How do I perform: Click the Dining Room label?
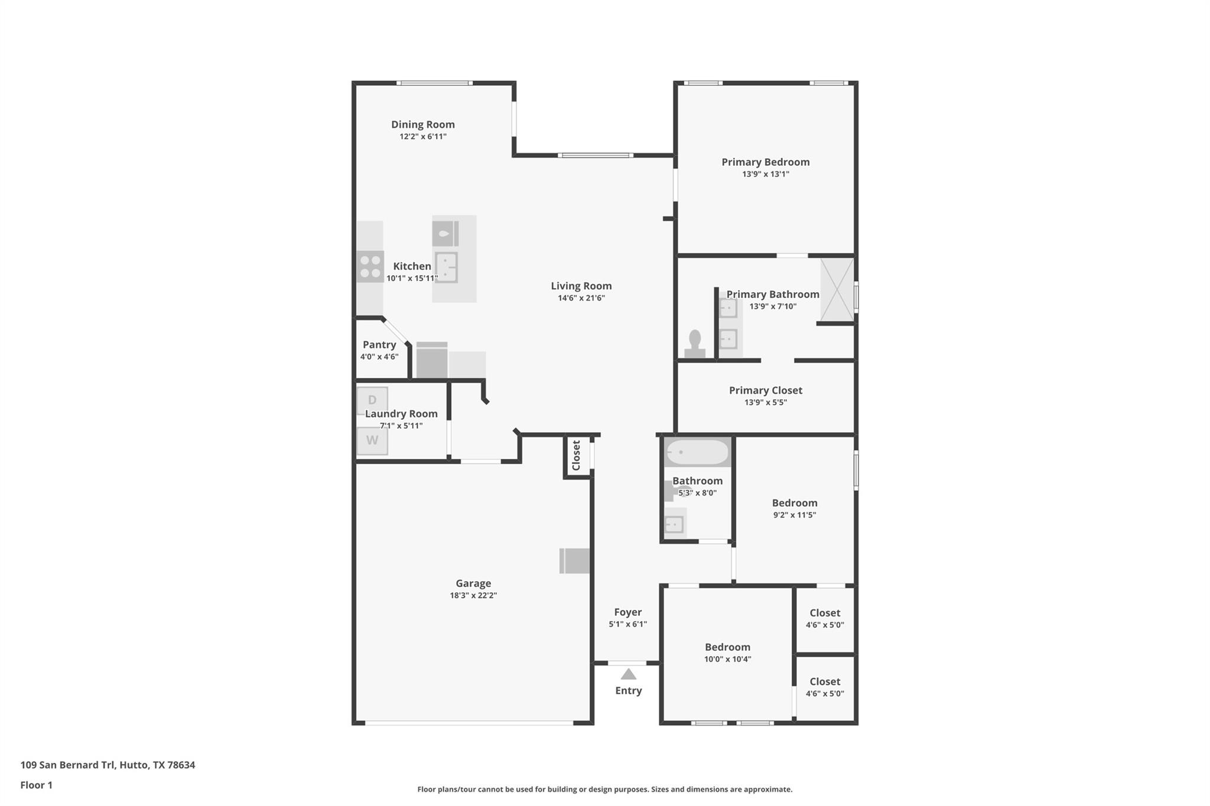[422, 125]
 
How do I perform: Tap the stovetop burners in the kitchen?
[370, 266]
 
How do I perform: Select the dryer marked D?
[372, 400]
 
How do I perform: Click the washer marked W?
[372, 440]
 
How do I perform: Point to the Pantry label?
[379, 345]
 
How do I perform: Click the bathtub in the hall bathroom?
[697, 452]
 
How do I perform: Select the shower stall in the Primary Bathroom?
[837, 290]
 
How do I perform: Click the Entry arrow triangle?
[628, 674]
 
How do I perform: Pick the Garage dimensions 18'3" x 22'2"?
[473, 595]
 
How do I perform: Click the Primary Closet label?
[765, 390]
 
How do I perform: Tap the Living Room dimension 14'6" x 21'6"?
[581, 298]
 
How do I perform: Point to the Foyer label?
[627, 612]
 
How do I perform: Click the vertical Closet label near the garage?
[577, 455]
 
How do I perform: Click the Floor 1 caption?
[36, 785]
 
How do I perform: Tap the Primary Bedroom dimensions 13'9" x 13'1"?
[766, 174]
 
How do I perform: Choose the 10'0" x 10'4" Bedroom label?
[727, 647]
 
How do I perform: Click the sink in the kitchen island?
[446, 267]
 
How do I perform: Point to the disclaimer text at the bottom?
[604, 789]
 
